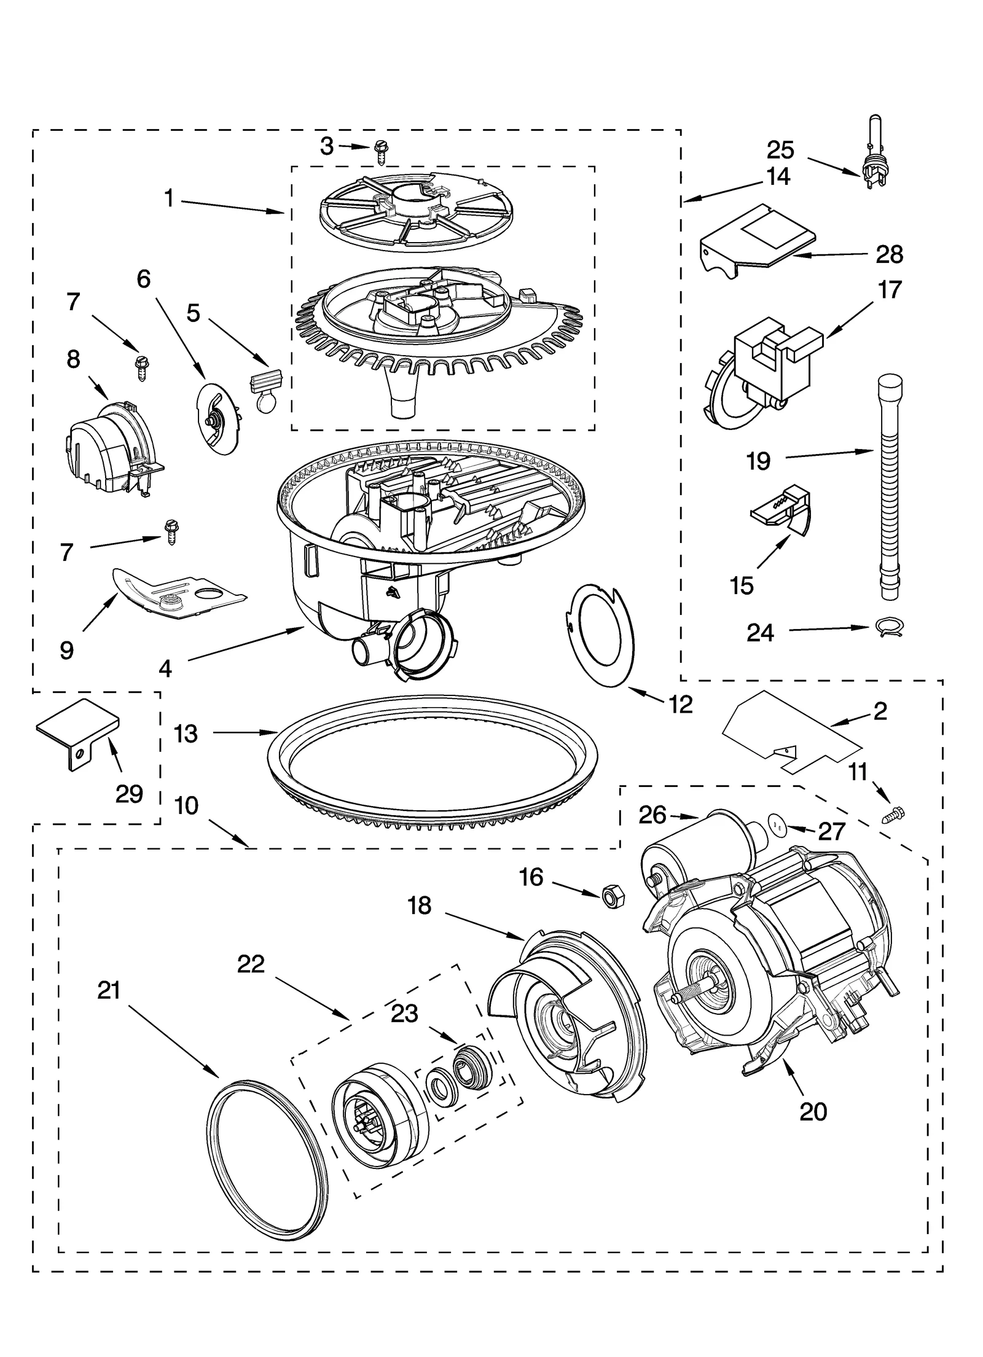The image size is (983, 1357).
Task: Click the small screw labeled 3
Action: [379, 151]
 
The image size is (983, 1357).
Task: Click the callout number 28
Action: [889, 254]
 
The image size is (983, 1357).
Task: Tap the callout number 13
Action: [186, 734]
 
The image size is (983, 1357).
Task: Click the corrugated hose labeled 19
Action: [889, 491]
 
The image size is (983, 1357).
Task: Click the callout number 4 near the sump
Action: [165, 669]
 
